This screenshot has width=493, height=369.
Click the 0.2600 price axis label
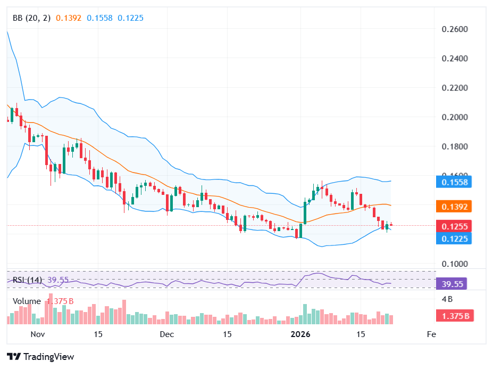click(x=455, y=29)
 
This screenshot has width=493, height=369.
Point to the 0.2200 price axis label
click(x=455, y=88)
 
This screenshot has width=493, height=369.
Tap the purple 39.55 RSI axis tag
click(x=451, y=284)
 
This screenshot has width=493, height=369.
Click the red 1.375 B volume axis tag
click(x=455, y=316)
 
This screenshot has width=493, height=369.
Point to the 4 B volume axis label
click(x=447, y=298)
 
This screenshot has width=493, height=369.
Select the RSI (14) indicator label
click(x=27, y=280)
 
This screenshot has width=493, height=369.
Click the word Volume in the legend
click(x=27, y=301)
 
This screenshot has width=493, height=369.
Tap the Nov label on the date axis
click(x=37, y=334)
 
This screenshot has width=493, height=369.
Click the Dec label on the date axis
click(x=167, y=334)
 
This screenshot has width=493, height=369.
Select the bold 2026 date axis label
click(x=300, y=334)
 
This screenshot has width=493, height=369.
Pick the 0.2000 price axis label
click(x=455, y=117)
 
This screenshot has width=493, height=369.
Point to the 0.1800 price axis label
click(x=455, y=146)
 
